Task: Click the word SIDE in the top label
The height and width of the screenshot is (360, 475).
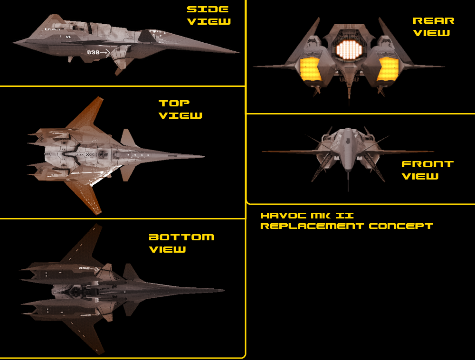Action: pyautogui.click(x=208, y=9)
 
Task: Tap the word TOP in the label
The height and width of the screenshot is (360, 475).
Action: pyautogui.click(x=174, y=103)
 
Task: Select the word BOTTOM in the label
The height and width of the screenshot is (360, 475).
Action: pyautogui.click(x=181, y=237)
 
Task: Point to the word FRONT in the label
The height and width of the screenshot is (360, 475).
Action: pyautogui.click(x=427, y=164)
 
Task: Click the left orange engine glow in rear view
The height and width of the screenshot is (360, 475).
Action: pyautogui.click(x=311, y=68)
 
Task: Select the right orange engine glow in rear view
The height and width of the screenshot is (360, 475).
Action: pyautogui.click(x=388, y=68)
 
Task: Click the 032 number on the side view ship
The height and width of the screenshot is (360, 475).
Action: pyautogui.click(x=94, y=53)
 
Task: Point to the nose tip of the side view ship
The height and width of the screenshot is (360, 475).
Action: pyautogui.click(x=238, y=52)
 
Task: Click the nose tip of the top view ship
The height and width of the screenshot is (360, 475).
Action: pyautogui.click(x=204, y=156)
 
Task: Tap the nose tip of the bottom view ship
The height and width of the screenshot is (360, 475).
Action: pyautogui.click(x=224, y=289)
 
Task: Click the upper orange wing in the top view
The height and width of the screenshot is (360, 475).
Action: pyautogui.click(x=89, y=114)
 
